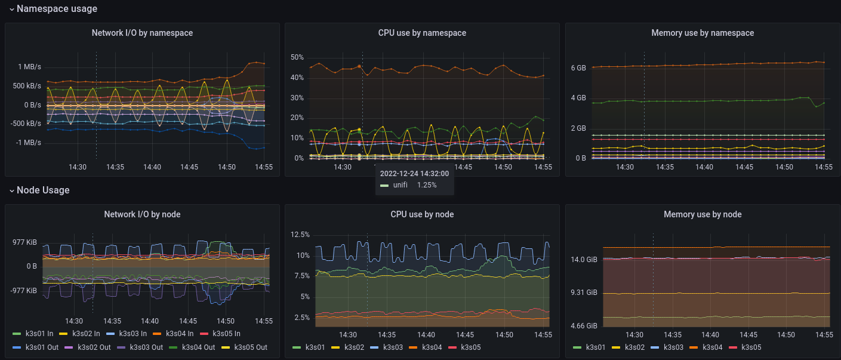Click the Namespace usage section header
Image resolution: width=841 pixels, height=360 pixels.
pyautogui.click(x=57, y=9)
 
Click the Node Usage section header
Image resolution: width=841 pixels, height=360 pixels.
pyautogui.click(x=43, y=190)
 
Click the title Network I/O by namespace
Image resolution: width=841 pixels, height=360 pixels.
pyautogui.click(x=142, y=33)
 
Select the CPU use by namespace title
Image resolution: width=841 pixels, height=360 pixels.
pyautogui.click(x=422, y=33)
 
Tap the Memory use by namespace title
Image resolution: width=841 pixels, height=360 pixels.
pyautogui.click(x=703, y=33)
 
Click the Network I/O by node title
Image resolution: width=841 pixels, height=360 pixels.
pyautogui.click(x=142, y=214)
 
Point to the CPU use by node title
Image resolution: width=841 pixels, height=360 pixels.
pyautogui.click(x=422, y=214)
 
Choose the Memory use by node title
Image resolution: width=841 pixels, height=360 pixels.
pyautogui.click(x=703, y=214)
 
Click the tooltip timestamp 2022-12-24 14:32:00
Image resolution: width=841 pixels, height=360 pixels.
pyautogui.click(x=414, y=174)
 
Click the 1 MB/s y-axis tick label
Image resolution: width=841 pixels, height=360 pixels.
pyautogui.click(x=29, y=67)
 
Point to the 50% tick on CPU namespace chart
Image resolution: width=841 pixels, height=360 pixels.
pyautogui.click(x=297, y=58)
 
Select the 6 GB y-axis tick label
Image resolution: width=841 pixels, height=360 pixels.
pyautogui.click(x=578, y=68)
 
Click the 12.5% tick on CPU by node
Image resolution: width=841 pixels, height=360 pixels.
pyautogui.click(x=300, y=235)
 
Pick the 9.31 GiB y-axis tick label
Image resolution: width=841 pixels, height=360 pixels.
pyautogui.click(x=584, y=293)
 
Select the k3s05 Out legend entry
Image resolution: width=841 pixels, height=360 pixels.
pyautogui.click(x=250, y=347)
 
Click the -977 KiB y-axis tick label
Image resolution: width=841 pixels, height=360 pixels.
pyautogui.click(x=24, y=290)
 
